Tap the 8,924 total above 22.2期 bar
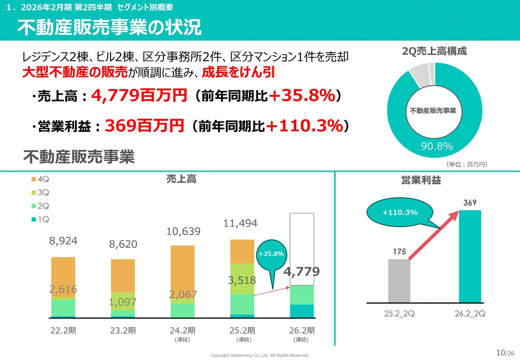[x=63, y=241]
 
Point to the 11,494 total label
[x=240, y=223]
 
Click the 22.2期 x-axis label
[x=63, y=330]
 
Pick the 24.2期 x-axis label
[x=182, y=330]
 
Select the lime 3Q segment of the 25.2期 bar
[x=242, y=278]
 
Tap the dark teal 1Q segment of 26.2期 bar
[x=302, y=311]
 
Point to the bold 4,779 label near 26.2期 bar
[x=301, y=271]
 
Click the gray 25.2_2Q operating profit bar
[x=399, y=281]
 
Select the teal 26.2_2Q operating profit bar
[x=470, y=256]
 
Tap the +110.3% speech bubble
[x=400, y=213]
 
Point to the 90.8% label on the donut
[x=437, y=147]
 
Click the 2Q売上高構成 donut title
[x=434, y=51]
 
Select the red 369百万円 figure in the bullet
[x=144, y=126]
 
